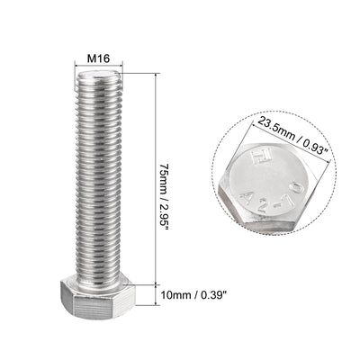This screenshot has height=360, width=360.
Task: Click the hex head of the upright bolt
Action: click(97, 294)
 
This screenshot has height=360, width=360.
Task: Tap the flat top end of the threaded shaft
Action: click(97, 78)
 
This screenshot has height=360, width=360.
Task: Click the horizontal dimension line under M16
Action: click(97, 69)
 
